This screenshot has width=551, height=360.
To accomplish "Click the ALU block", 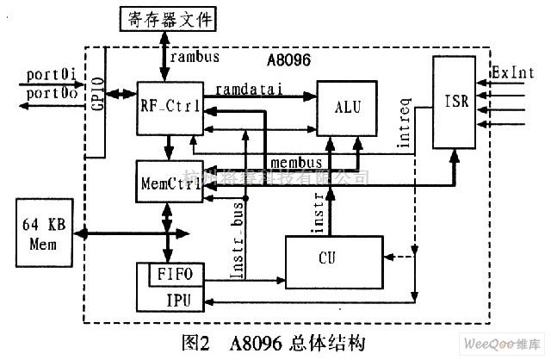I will [x=348, y=109].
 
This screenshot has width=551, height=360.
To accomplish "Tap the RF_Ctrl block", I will [x=170, y=106].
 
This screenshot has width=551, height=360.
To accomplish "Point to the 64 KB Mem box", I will [x=43, y=232].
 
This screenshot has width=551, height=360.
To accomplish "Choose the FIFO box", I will [x=177, y=276].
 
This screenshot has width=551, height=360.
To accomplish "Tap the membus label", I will [x=296, y=162].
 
